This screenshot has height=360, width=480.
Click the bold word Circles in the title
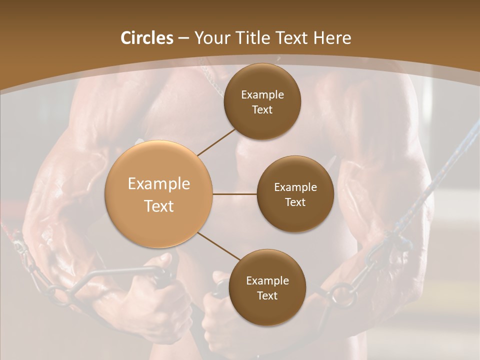pos(147,38)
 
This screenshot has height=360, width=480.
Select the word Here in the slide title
pos(332,38)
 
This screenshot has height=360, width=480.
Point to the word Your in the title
pos(212,38)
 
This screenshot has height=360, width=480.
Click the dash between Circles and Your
pos(184,38)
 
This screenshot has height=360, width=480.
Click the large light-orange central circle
pos(159,194)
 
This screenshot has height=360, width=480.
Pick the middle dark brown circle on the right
pos(295,194)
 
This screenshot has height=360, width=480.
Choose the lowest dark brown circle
pos(267,287)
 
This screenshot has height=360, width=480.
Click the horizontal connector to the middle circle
pos(234,194)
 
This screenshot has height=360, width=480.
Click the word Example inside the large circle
pos(159,184)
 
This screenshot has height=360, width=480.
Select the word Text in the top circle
pos(262,109)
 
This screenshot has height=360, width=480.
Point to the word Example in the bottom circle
pos(267,280)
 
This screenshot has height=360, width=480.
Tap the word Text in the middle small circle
pos(295,202)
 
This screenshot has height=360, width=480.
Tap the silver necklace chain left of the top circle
pos(212,80)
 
